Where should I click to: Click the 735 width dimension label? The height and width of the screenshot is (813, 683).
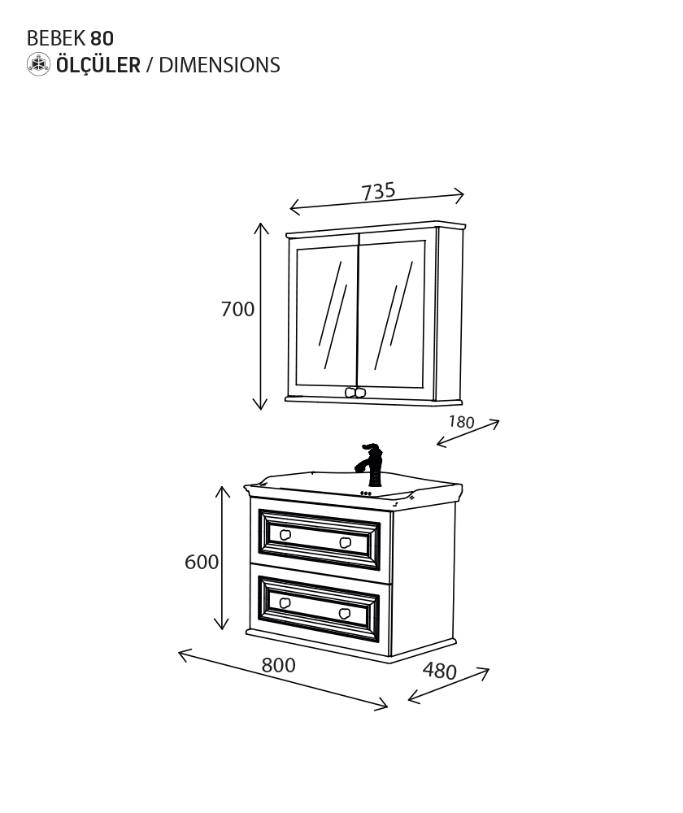[x=379, y=191]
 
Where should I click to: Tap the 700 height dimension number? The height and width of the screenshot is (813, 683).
[x=237, y=309]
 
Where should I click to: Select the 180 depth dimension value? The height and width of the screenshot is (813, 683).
[x=462, y=422]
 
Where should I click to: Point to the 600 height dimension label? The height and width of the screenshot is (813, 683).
[x=201, y=562]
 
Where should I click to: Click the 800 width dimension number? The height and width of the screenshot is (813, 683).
[x=279, y=665]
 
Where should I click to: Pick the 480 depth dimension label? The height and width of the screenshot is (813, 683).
[x=440, y=671]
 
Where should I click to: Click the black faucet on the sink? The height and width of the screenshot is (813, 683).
[x=370, y=464]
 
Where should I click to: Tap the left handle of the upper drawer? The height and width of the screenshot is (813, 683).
[x=285, y=535]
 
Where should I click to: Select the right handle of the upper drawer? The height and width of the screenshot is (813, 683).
[x=346, y=542]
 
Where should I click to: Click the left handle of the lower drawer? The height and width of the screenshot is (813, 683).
[x=285, y=602]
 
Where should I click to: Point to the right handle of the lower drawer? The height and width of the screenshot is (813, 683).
[x=345, y=613]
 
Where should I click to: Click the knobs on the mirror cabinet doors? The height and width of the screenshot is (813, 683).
[x=356, y=392]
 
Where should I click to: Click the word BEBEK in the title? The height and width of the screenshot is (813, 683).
[x=56, y=38]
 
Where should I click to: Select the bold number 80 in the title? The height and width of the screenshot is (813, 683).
[x=102, y=38]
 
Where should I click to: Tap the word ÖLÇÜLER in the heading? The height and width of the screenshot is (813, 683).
[x=98, y=65]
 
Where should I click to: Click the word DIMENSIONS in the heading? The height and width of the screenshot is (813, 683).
[x=220, y=65]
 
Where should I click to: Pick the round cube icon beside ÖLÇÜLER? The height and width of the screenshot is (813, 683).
[x=39, y=64]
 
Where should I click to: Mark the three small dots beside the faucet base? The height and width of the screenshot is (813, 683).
[x=366, y=493]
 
